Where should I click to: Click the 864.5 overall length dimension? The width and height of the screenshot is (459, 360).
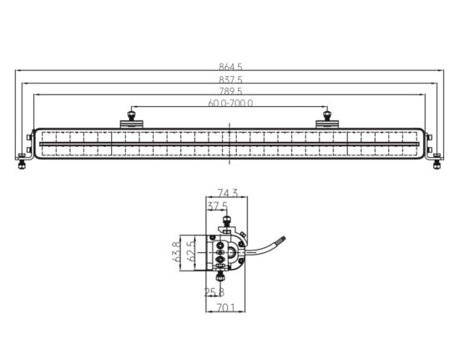(x=230, y=67)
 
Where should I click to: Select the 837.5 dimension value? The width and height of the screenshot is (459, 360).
(x=230, y=79)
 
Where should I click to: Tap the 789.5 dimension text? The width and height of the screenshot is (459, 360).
(x=230, y=91)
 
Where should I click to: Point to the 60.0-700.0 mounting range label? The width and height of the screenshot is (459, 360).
(x=230, y=103)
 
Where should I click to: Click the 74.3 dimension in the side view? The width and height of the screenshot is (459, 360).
(x=228, y=193)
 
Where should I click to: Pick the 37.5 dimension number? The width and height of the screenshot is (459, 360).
(x=217, y=206)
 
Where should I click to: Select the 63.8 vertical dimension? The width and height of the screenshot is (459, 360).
(x=176, y=252)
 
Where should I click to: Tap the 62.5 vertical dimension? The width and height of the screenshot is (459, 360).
(x=190, y=251)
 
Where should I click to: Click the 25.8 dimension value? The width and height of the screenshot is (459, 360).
(x=214, y=292)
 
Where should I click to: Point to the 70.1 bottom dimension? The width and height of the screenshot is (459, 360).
(x=225, y=307)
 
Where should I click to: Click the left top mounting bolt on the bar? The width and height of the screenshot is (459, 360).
(x=131, y=115)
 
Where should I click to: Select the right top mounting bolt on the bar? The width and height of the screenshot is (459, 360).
(x=327, y=115)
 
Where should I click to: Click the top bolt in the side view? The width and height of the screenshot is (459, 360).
(x=226, y=221)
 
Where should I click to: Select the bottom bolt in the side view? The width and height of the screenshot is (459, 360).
(x=219, y=276)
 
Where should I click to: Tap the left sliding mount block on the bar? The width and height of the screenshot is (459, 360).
(x=132, y=124)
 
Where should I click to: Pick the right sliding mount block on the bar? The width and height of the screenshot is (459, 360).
(x=327, y=124)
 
